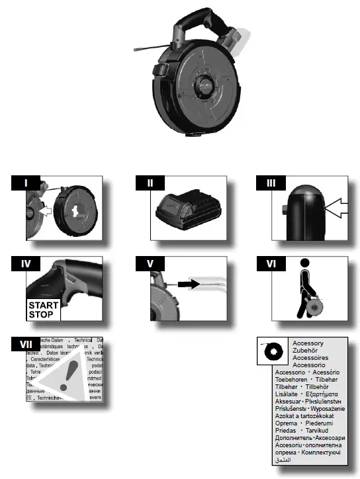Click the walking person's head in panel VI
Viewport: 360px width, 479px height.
(306, 263)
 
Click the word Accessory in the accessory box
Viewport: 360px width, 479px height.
(308, 344)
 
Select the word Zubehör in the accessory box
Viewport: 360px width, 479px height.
(305, 351)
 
